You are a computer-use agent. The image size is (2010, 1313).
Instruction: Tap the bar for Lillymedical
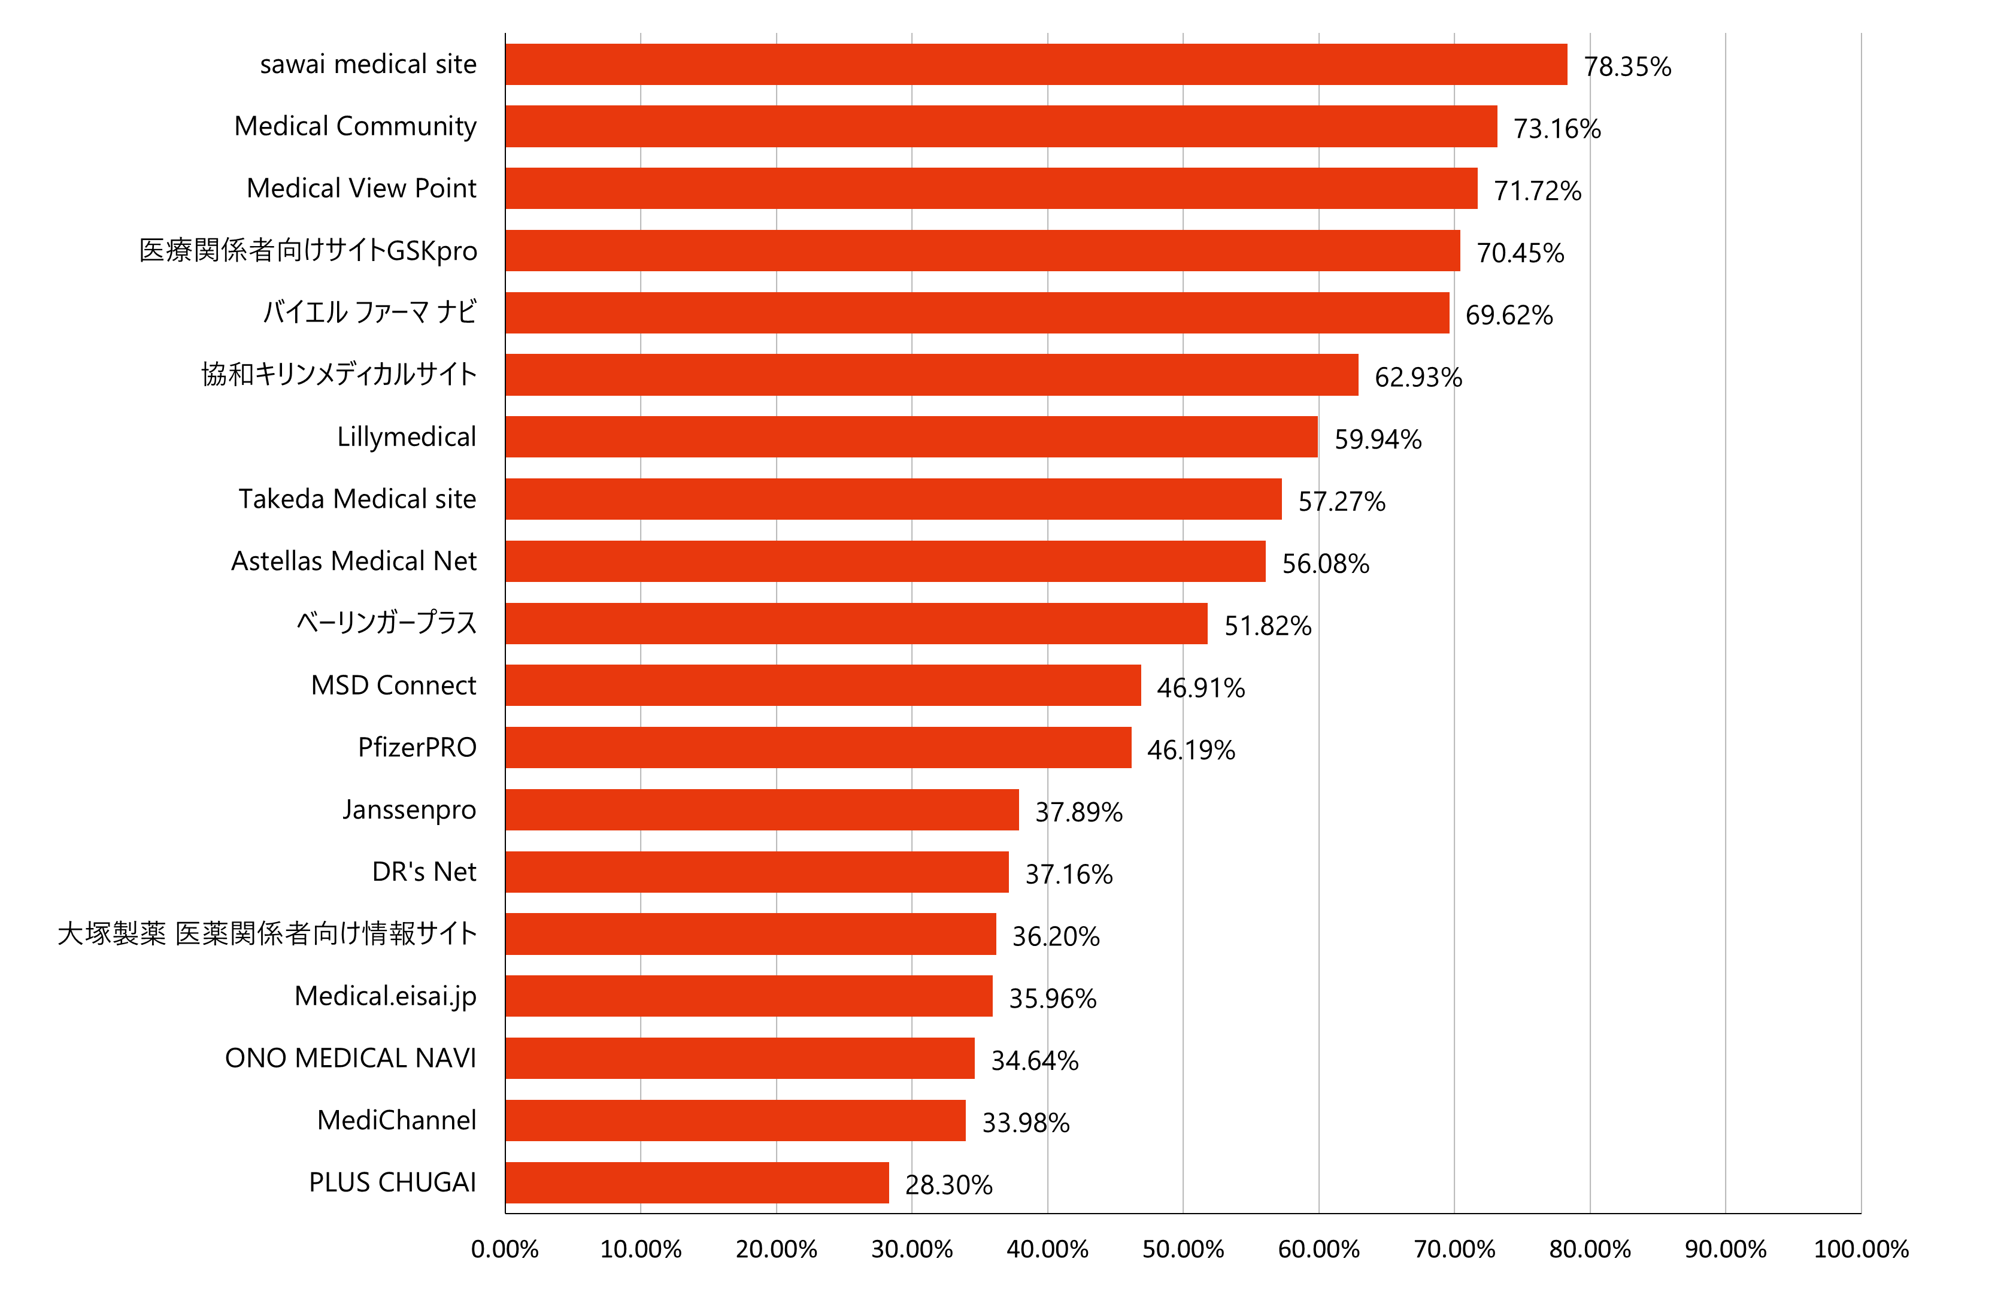(911, 436)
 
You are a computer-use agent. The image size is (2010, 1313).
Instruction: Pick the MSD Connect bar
(823, 685)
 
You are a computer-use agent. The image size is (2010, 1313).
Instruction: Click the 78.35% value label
(1627, 66)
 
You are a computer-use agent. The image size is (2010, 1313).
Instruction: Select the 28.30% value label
(948, 1185)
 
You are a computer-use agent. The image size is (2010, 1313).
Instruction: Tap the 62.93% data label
(1418, 377)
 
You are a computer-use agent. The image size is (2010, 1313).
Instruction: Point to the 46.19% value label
(1191, 750)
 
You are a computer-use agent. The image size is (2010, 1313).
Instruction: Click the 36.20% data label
(1056, 936)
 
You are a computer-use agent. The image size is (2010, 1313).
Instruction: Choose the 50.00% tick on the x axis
(1183, 1249)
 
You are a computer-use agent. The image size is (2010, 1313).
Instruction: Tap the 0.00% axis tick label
(505, 1249)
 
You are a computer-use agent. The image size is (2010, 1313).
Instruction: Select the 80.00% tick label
(1590, 1249)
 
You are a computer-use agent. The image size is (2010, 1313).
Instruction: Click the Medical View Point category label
(362, 187)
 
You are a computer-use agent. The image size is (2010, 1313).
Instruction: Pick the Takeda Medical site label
(357, 499)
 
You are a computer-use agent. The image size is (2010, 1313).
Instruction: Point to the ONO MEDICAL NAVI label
(350, 1058)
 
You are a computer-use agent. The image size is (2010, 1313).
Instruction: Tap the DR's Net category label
(424, 871)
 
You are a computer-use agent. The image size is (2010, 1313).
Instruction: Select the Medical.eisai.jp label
(385, 996)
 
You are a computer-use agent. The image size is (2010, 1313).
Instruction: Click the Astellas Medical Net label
(354, 560)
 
